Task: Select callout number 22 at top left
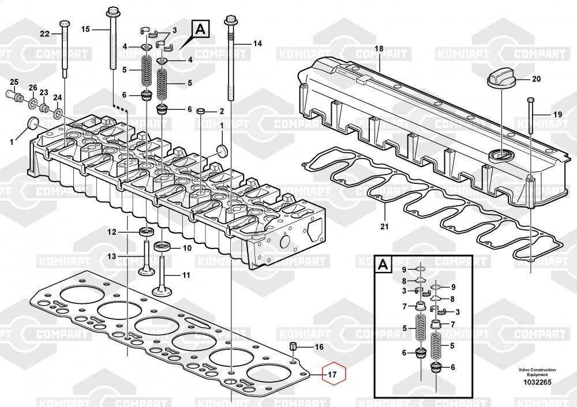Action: (x=45, y=33)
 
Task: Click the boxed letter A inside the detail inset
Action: (x=383, y=265)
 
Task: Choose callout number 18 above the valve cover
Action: (x=379, y=49)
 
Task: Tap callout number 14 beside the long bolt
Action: (x=257, y=43)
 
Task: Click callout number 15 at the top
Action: (x=86, y=29)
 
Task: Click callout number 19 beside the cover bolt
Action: (x=557, y=115)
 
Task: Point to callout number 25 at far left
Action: (x=14, y=81)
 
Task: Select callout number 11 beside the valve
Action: (x=186, y=275)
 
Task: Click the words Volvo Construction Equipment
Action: (x=537, y=372)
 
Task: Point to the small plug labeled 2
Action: (x=201, y=111)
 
